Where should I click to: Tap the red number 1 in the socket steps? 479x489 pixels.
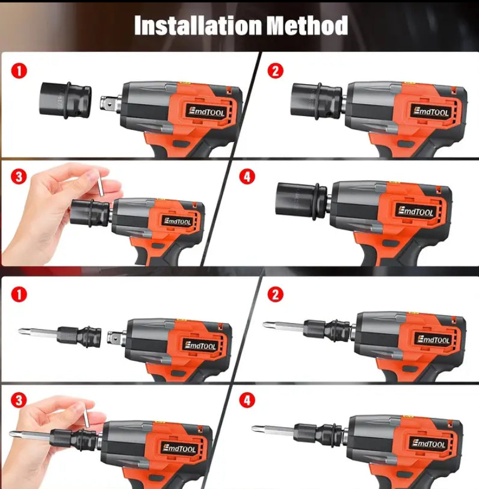(x=20, y=71)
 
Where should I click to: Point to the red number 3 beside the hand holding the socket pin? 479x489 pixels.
(x=20, y=177)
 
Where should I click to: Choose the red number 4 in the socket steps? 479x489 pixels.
(x=247, y=177)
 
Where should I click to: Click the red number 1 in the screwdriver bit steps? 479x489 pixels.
(x=20, y=294)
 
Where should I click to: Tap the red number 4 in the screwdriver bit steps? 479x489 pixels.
(x=247, y=400)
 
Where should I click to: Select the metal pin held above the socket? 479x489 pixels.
(x=102, y=182)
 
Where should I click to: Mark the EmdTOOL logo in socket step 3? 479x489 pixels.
(x=176, y=221)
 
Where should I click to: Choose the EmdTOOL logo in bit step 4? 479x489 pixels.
(x=428, y=444)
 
